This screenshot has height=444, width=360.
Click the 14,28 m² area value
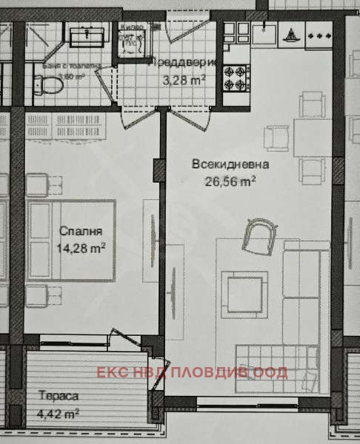[x=80, y=248]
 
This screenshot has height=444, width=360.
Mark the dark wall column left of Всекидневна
[x=157, y=169]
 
